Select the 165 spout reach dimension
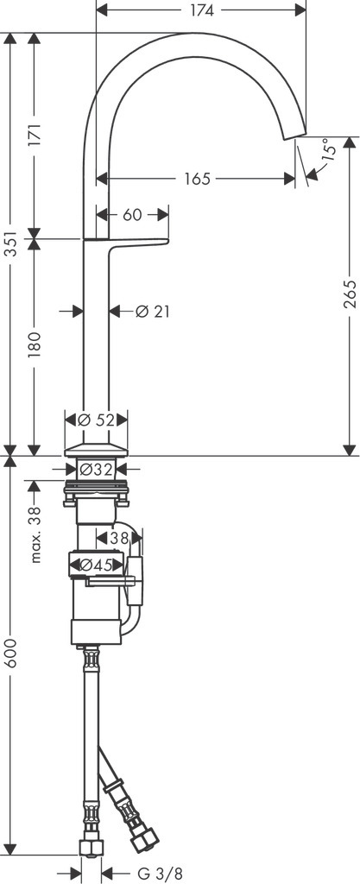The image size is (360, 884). tap(197, 180)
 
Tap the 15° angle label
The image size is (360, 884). tap(328, 149)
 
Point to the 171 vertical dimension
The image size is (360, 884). tap(35, 134)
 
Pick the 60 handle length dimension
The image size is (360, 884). tap(131, 215)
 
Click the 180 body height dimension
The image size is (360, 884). tap(35, 345)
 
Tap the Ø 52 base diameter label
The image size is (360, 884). tap(96, 420)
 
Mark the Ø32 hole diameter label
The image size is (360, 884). tap(96, 469)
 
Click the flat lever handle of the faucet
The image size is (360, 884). tap(126, 242)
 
